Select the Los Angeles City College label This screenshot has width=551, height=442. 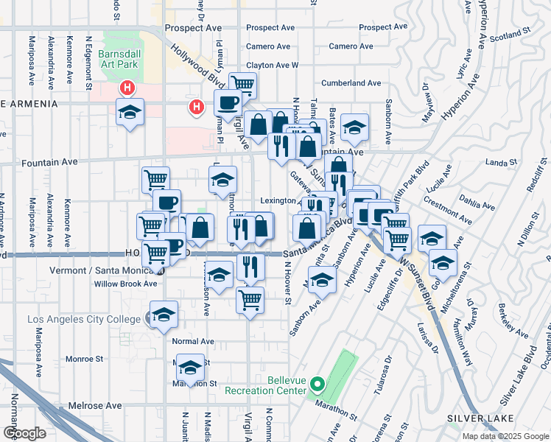[83, 319]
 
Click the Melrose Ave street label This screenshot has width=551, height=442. [94, 406]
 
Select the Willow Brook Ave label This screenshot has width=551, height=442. [124, 284]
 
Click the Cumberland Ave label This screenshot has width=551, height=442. [354, 83]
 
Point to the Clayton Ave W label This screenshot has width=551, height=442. [272, 65]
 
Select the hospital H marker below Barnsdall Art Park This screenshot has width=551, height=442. [127, 88]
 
